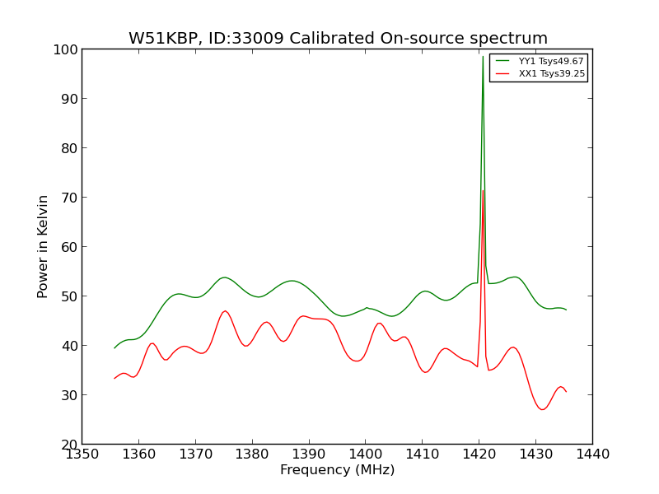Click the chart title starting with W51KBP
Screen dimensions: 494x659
(338, 39)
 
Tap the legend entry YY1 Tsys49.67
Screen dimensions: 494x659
(550, 62)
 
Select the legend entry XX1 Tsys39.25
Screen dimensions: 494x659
(550, 74)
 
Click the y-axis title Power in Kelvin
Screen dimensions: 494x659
(43, 246)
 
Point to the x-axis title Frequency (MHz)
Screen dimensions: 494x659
(337, 470)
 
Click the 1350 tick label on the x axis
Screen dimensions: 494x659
(82, 454)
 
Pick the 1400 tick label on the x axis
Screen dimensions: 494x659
(365, 454)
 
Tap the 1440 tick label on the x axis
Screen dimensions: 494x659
(592, 454)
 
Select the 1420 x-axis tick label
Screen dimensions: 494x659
(479, 454)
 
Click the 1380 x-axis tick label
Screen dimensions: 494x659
(252, 454)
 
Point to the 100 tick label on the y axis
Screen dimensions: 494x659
(65, 49)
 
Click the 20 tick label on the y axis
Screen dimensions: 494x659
(68, 445)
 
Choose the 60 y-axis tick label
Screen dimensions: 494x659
(68, 247)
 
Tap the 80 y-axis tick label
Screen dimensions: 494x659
(68, 148)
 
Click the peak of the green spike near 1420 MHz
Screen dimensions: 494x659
(483, 56)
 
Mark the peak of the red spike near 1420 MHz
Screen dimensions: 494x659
(483, 191)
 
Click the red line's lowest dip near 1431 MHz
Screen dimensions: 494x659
(542, 409)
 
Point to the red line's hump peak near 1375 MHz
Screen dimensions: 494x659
(225, 311)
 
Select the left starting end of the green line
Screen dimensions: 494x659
(115, 348)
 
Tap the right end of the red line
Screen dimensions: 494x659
(566, 392)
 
